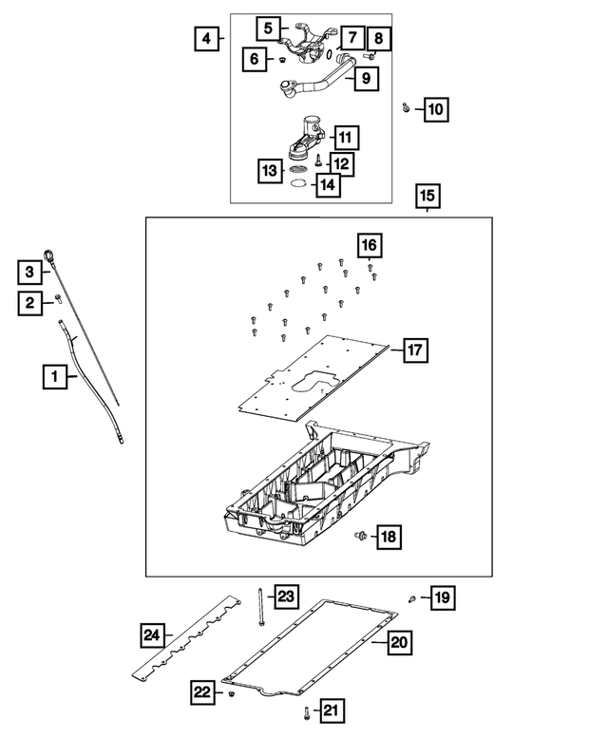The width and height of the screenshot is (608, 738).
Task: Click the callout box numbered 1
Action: click(x=54, y=378)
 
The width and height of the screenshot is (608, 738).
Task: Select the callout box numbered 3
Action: click(x=30, y=273)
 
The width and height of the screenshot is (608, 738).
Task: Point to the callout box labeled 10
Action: click(x=434, y=110)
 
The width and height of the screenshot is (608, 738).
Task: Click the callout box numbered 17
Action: click(x=414, y=350)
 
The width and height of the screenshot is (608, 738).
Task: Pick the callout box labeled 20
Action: click(x=399, y=643)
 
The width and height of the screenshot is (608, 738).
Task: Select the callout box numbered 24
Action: click(x=152, y=634)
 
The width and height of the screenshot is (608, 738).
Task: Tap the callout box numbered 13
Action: click(x=271, y=170)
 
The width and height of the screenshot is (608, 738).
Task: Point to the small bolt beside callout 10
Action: click(x=406, y=108)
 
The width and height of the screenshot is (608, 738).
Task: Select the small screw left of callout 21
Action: click(x=306, y=711)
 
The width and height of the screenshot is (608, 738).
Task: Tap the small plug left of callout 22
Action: click(x=230, y=698)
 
